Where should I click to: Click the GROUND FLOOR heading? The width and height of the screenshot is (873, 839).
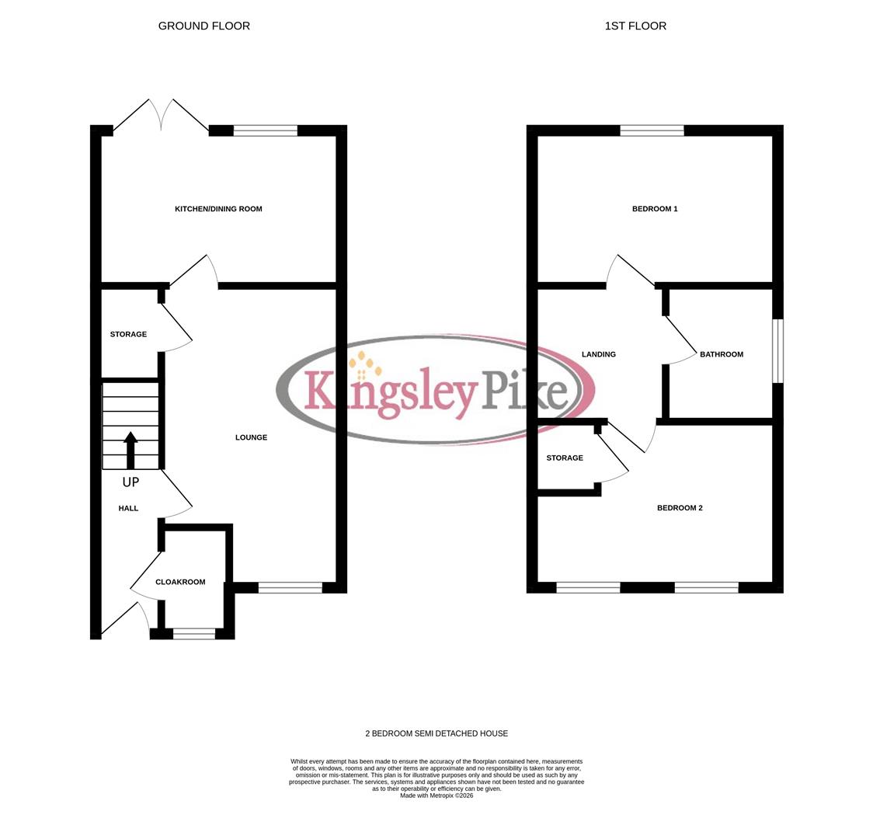[203, 26]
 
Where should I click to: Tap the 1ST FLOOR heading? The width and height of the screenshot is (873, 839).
[635, 26]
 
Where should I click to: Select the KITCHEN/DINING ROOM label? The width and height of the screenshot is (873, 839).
[218, 209]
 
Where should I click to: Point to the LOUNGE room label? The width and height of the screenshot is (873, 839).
[251, 437]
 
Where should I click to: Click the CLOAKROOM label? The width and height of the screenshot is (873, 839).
[180, 582]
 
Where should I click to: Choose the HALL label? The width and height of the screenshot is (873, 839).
[128, 508]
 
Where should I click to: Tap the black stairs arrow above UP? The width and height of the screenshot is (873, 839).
[130, 450]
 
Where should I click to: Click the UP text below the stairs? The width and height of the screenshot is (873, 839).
[130, 482]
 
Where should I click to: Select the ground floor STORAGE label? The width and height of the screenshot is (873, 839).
[128, 334]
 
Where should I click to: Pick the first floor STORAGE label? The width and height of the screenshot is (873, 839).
[565, 458]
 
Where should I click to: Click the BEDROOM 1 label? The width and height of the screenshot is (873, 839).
[655, 209]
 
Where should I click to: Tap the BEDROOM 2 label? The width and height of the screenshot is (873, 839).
[680, 508]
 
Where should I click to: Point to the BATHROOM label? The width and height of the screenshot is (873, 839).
[722, 354]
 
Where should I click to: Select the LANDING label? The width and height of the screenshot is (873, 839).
[599, 354]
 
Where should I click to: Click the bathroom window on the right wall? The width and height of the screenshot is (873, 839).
[777, 350]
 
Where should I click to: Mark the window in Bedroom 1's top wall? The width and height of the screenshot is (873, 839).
[652, 131]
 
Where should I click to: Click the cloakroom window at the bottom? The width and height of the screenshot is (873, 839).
[193, 634]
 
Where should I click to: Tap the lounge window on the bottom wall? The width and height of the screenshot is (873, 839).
[290, 587]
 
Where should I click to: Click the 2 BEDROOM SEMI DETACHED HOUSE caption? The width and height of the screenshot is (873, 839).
[436, 733]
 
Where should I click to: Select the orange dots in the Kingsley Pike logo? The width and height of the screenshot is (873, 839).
[364, 365]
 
